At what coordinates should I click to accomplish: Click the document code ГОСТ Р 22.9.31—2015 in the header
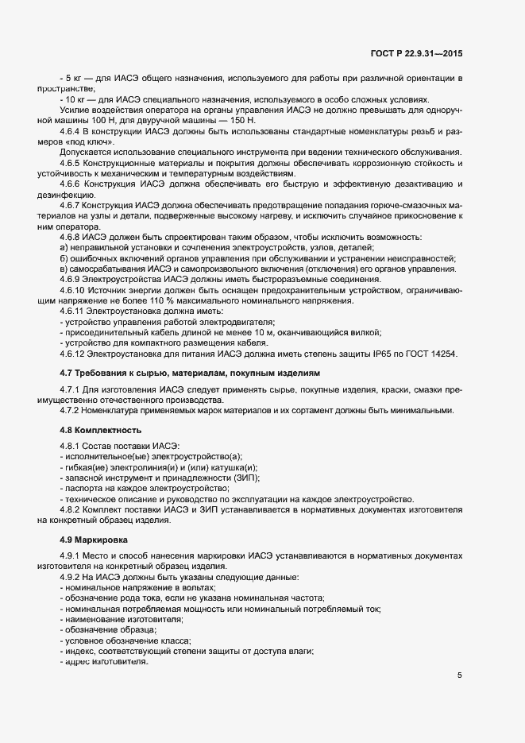416,54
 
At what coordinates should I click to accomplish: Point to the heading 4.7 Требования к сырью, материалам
190,372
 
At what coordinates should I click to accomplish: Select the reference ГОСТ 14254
431,353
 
